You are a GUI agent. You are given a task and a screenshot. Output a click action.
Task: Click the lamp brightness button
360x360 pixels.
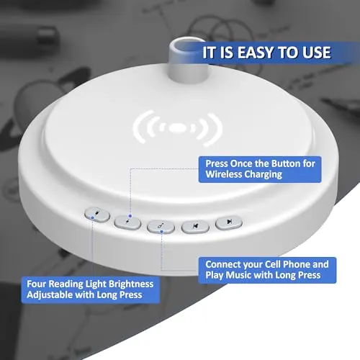tap(97, 215)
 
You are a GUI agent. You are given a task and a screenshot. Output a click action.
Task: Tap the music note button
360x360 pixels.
tap(161, 227)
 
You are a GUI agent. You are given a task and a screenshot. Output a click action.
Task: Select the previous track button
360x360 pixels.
tap(195, 226)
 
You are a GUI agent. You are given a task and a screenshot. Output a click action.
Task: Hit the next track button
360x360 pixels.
tap(229, 222)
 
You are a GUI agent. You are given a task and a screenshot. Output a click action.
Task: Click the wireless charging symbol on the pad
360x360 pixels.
tap(178, 128)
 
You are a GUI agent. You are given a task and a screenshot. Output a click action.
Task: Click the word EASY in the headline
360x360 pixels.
tap(256, 53)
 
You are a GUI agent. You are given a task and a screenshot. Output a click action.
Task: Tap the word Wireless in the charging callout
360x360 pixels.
tap(224, 174)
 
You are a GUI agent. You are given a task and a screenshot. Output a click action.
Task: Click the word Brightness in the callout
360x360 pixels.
tap(127, 284)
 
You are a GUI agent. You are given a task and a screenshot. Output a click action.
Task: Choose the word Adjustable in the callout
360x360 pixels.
tap(50, 295)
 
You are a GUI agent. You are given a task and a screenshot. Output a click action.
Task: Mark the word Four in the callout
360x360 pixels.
tap(36, 284)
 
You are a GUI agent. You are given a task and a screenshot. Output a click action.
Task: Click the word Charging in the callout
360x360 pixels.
tap(264, 174)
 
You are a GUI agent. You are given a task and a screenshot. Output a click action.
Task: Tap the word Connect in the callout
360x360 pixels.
tap(222, 264)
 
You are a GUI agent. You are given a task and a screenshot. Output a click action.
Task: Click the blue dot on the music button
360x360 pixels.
tap(161, 232)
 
